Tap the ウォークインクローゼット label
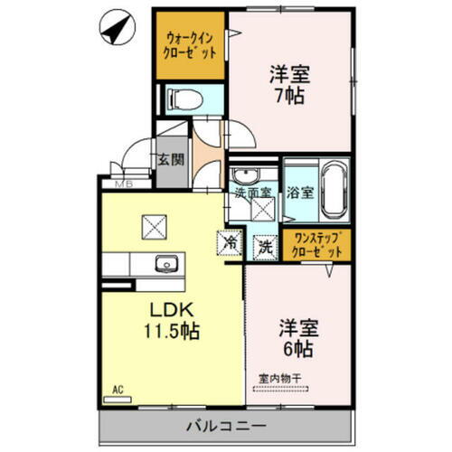pos(190,45)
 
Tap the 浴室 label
pos(300,193)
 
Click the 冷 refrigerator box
pos(230,242)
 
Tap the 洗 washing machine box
pos(264,244)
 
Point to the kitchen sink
pos(166,265)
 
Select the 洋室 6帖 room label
pos(297,335)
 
